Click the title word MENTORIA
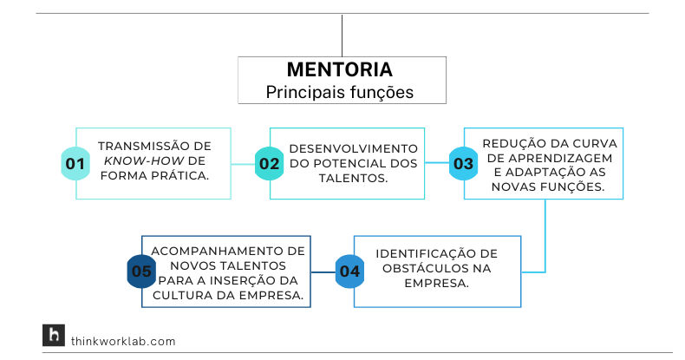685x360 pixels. click(341, 70)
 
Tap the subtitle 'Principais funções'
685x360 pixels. click(341, 91)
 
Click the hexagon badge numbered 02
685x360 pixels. click(269, 163)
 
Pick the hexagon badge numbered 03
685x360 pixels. click(463, 163)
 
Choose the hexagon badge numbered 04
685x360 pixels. click(349, 271)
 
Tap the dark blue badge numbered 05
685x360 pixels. click(141, 271)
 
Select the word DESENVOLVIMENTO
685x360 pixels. click(354, 148)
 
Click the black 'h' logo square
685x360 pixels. click(54, 336)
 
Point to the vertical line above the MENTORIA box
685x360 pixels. click(342, 35)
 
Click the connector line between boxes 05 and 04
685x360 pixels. click(323, 271)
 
